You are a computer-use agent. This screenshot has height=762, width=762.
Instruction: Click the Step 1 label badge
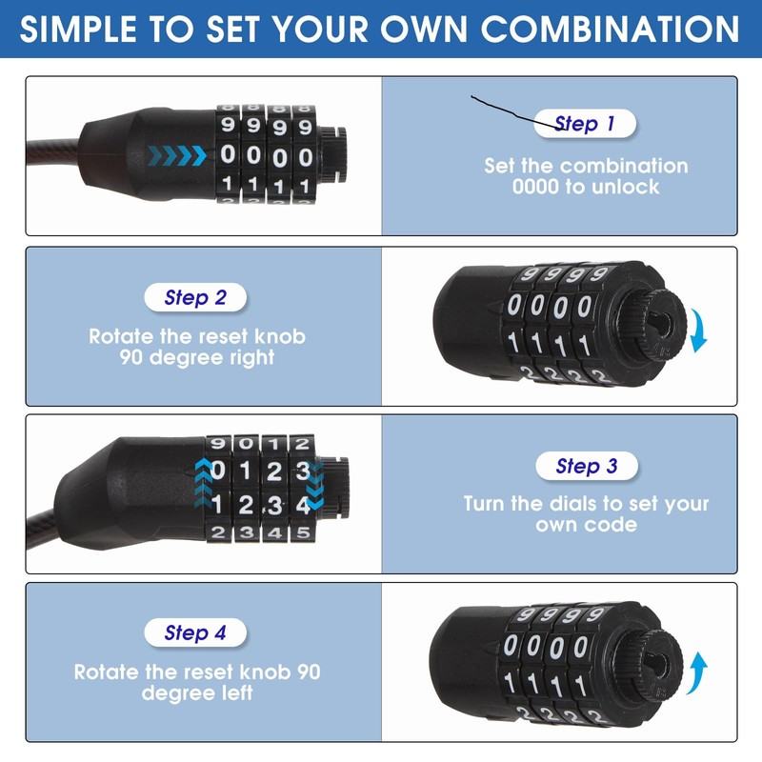[584, 124]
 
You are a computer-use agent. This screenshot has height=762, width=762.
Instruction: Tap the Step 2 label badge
[194, 297]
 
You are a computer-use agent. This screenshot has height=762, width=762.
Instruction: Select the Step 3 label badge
[585, 466]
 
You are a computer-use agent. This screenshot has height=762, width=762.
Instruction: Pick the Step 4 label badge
[194, 632]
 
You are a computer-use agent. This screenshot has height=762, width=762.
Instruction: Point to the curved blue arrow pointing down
[699, 330]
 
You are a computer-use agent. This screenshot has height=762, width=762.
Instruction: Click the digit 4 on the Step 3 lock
[302, 505]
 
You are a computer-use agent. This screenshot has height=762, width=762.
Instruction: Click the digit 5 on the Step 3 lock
[302, 532]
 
